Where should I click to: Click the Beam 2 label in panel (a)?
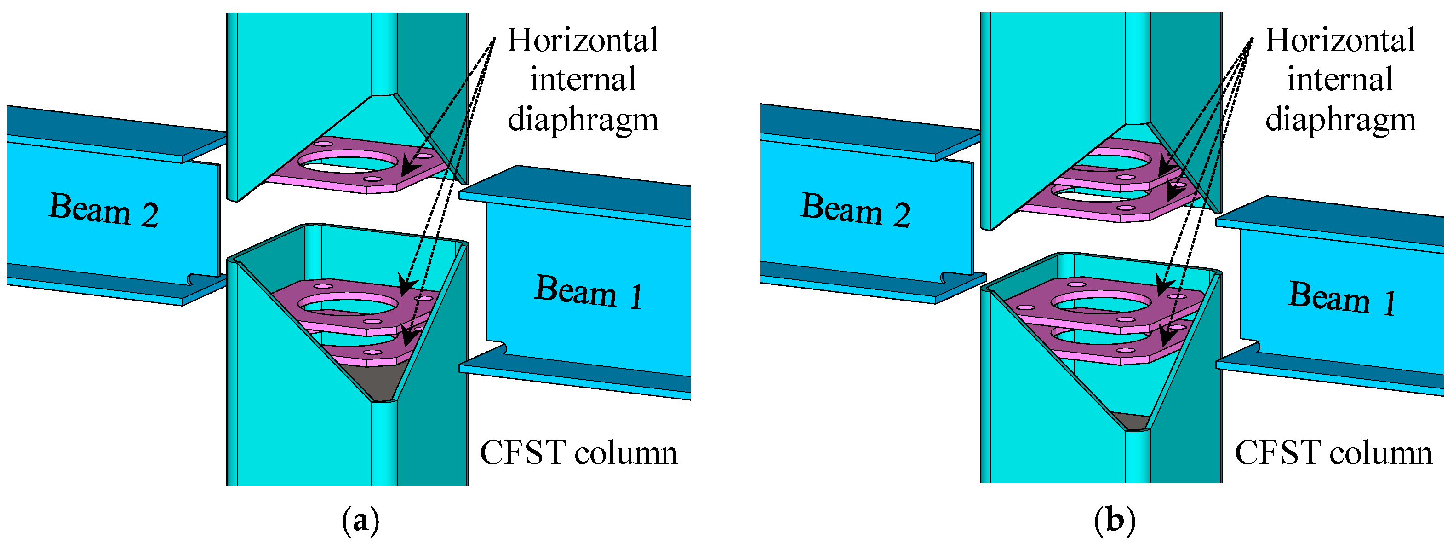point(104,209)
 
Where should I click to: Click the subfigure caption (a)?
point(360,521)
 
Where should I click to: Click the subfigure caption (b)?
point(1114,521)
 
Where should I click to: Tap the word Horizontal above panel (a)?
point(582,40)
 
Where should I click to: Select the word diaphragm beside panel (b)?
point(1340,120)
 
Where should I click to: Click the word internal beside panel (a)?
point(582,80)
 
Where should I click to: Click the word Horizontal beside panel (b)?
point(1340,40)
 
